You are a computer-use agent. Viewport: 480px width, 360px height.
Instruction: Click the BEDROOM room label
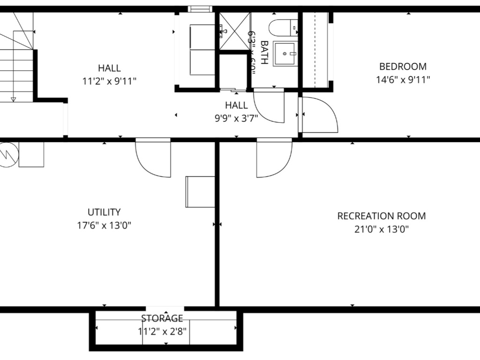click(x=403, y=67)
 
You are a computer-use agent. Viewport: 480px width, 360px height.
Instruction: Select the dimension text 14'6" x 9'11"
click(x=403, y=80)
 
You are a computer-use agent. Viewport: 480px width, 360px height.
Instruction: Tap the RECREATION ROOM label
click(x=382, y=216)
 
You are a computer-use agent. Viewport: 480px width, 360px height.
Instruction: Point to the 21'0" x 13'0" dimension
click(x=382, y=230)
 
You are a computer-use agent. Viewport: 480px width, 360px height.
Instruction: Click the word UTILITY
click(x=104, y=212)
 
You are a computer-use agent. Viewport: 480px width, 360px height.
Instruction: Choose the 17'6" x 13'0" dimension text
click(x=104, y=225)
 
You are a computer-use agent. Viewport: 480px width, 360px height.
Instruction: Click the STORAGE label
click(x=162, y=319)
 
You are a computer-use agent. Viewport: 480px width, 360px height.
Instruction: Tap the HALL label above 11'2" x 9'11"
click(x=109, y=68)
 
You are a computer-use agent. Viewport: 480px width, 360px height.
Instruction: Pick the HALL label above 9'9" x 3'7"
click(x=236, y=105)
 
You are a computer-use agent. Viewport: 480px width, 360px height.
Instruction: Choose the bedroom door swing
click(x=320, y=115)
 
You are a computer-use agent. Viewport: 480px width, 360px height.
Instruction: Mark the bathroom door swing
click(x=269, y=106)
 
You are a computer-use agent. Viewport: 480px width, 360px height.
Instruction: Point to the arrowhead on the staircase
click(x=13, y=99)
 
